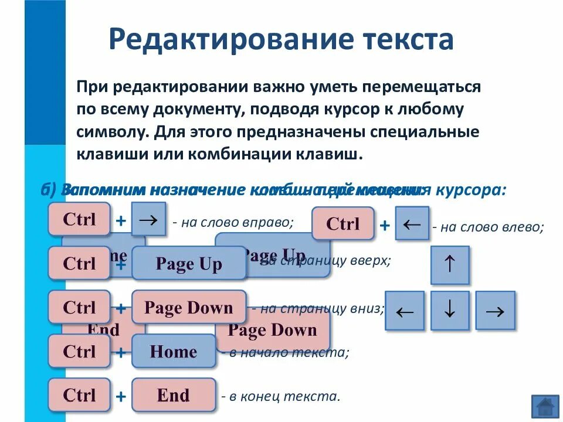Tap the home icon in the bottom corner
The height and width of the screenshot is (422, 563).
pyautogui.click(x=545, y=406)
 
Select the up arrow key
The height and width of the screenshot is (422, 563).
pyautogui.click(x=450, y=266)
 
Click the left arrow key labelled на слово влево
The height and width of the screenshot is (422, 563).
pyautogui.click(x=412, y=223)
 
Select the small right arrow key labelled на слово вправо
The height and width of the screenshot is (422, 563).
pyautogui.click(x=148, y=219)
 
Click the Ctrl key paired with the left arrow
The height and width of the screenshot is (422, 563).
pyautogui.click(x=342, y=223)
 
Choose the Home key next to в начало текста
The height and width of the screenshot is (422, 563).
pyautogui.click(x=174, y=352)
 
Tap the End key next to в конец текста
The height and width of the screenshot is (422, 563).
pyautogui.click(x=174, y=395)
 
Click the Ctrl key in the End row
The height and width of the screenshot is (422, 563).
pyautogui.click(x=79, y=395)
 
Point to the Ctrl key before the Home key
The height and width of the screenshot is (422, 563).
pyautogui.click(x=79, y=352)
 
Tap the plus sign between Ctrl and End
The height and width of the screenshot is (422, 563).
pyautogui.click(x=121, y=397)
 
